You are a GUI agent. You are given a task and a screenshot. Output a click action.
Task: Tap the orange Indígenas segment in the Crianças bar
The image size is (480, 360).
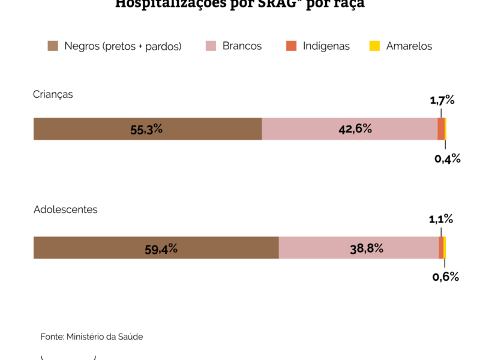(x=441, y=129)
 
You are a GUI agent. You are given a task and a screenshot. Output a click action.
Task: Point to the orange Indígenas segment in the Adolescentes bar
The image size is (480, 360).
(x=441, y=247)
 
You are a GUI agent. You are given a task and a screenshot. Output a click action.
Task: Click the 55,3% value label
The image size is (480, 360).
(x=146, y=129)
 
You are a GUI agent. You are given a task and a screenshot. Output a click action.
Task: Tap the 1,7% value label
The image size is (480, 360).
(x=442, y=100)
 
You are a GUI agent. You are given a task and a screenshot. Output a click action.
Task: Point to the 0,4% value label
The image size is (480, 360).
(x=447, y=158)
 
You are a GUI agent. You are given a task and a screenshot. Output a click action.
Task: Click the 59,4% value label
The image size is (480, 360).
(x=161, y=248)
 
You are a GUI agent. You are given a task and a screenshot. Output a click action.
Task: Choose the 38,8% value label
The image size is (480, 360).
(x=367, y=247)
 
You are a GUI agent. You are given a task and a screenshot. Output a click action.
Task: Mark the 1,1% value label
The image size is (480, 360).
(x=441, y=219)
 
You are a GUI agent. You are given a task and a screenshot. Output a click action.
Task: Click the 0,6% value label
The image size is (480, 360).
(x=446, y=277)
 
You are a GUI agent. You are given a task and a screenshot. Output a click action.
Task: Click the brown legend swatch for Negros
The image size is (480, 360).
(x=53, y=46)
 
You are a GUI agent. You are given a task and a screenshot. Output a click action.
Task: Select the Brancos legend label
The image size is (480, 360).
(x=242, y=46)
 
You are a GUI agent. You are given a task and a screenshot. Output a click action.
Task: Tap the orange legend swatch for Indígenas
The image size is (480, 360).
(x=292, y=46)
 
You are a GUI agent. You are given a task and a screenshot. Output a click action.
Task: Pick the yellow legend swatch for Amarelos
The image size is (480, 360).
(x=374, y=46)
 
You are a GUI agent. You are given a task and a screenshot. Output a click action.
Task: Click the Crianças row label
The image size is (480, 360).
(x=53, y=94)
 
